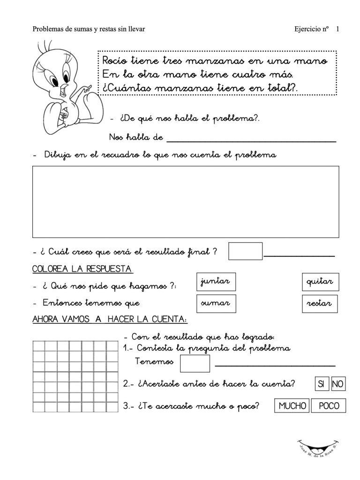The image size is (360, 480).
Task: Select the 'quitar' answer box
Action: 320,282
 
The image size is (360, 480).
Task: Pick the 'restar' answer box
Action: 320,304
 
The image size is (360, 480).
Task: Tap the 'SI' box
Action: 321,384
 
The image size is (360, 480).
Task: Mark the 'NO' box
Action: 338,384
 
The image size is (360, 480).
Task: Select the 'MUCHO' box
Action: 292,406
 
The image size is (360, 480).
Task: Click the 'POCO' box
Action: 329,406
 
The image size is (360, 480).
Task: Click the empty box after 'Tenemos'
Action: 195,363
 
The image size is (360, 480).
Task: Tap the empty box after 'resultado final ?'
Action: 245,251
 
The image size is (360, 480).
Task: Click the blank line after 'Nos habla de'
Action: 251,139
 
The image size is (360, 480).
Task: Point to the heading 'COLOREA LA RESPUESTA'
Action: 82,269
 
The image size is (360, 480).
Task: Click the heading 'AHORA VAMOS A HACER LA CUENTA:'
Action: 109,320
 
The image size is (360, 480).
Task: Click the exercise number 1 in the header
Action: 337,29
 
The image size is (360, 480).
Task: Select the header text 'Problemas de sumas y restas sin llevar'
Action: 89,29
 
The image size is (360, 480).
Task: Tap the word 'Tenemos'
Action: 154,362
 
